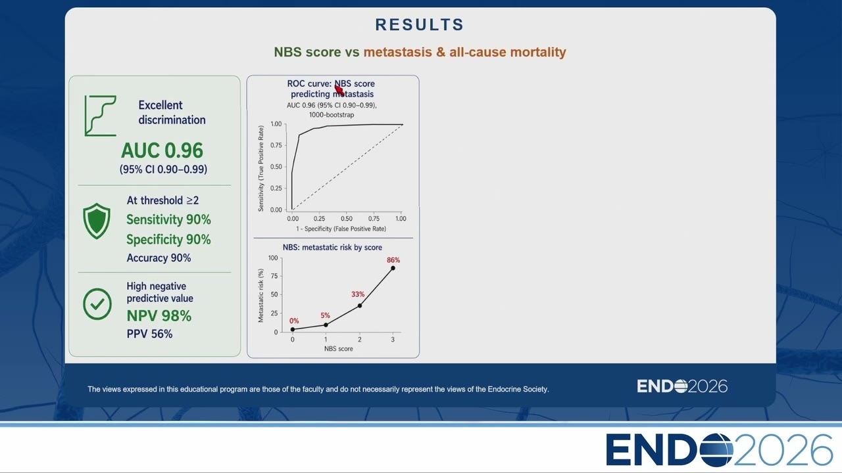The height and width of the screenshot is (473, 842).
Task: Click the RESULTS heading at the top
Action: coord(420,25)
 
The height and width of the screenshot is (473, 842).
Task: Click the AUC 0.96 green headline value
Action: coord(162,150)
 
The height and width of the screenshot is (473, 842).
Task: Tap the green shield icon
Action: coord(97,221)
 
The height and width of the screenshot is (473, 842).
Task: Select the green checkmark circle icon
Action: coord(97,304)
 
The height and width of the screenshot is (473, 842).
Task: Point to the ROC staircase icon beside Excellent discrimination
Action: coord(101,116)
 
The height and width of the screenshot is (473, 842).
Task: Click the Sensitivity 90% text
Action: coord(168,219)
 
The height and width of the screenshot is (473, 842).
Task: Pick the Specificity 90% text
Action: coord(168,240)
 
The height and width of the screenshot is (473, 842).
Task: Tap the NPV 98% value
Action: coord(159,316)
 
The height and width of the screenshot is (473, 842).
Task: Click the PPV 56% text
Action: coord(149,334)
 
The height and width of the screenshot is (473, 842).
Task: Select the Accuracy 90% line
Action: coord(159,258)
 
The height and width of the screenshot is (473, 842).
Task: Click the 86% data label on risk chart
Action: coord(393,260)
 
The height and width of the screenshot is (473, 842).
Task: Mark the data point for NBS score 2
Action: coord(360,306)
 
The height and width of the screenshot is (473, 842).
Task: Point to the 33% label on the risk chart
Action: coord(358,294)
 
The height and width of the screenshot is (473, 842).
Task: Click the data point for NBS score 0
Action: coord(293,330)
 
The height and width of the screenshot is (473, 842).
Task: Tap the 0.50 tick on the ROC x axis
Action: coord(347,219)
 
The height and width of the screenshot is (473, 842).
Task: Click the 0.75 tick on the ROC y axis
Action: coord(276,145)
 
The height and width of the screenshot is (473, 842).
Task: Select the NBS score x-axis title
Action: coord(338,349)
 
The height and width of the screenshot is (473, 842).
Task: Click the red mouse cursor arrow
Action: coord(339,90)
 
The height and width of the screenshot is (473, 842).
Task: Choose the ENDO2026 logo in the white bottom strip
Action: coord(719,450)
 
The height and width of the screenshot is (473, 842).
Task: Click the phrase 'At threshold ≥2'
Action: coord(162,200)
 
